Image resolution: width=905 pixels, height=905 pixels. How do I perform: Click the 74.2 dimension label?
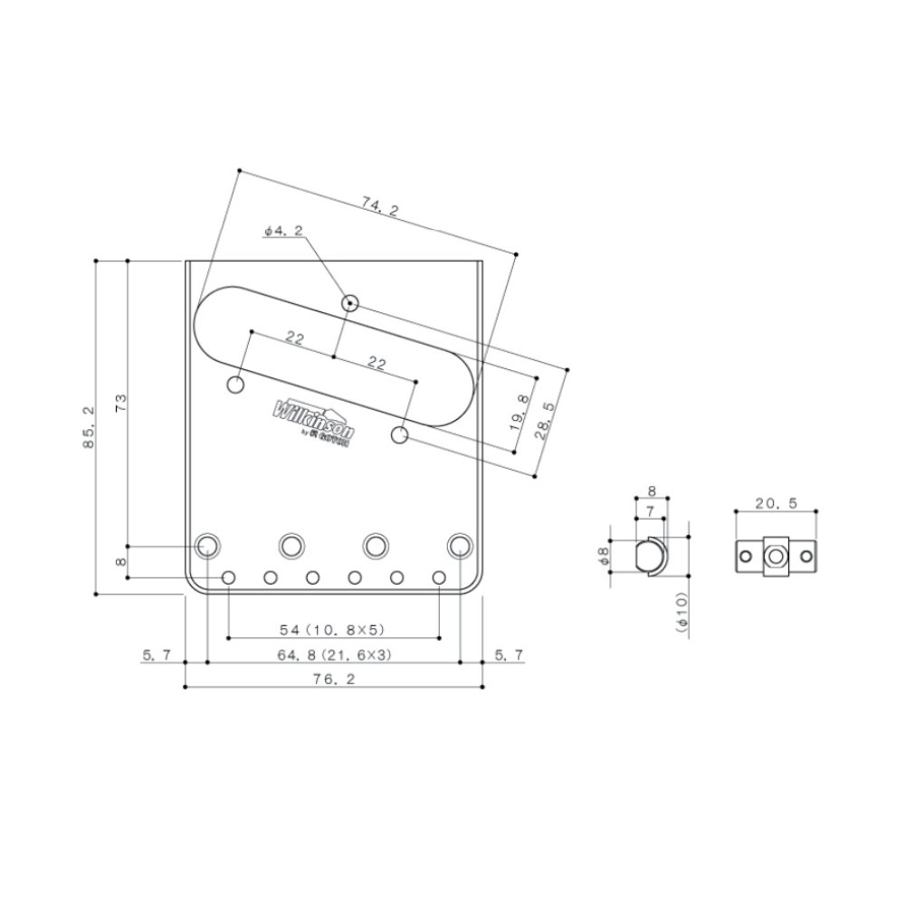coord(380,208)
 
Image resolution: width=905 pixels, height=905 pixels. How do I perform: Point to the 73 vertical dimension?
coord(120,403)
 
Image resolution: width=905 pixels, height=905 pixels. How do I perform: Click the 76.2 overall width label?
coord(334,678)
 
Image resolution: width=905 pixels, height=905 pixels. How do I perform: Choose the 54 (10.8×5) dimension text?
coord(334,628)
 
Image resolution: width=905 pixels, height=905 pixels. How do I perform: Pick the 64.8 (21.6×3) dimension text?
coord(334,653)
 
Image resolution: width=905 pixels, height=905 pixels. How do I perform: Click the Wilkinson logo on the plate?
coord(314,418)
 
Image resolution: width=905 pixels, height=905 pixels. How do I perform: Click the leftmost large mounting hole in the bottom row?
coord(208,546)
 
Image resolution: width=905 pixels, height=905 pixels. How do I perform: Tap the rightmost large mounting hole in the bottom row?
coord(461,546)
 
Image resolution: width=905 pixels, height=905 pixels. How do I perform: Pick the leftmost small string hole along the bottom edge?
coord(229,577)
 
